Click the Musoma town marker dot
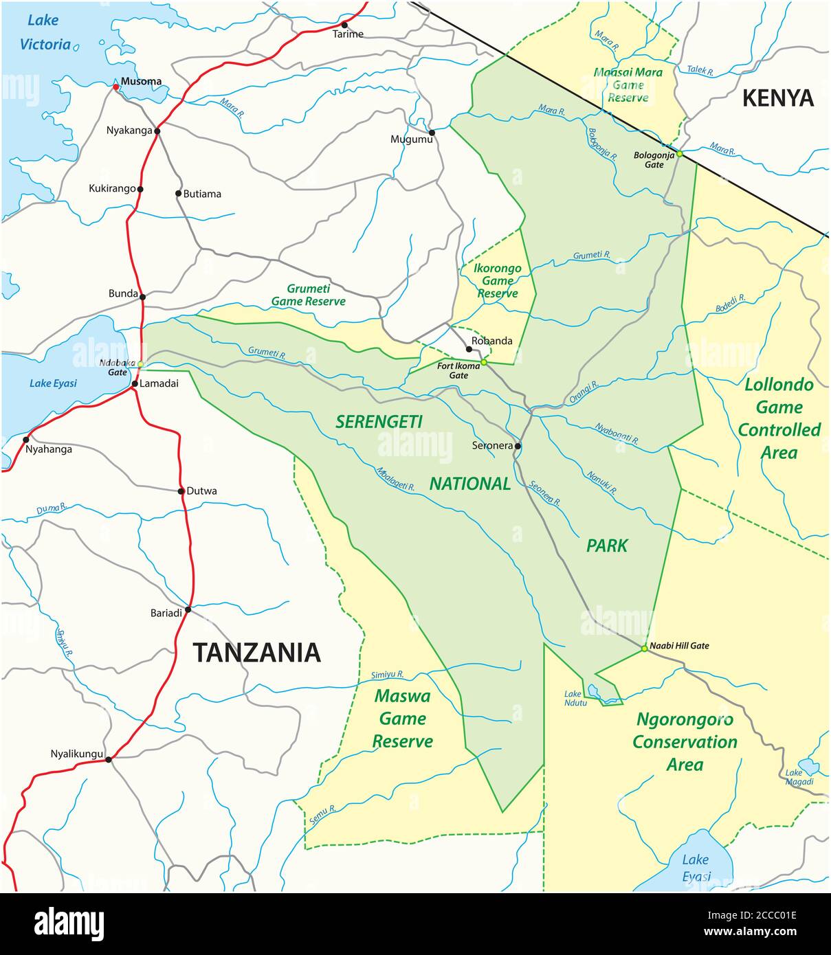tap(115, 87)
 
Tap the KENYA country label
tap(777, 99)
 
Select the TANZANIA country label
tap(256, 652)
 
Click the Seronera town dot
tap(518, 447)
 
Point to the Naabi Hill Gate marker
tap(644, 649)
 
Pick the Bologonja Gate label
tap(649, 160)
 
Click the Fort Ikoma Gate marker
tap(484, 362)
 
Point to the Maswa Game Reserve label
tap(403, 719)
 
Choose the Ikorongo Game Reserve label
tap(498, 281)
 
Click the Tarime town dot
tap(344, 25)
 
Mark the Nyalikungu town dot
tap(108, 759)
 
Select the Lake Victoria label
tap(45, 32)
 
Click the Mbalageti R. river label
tap(395, 479)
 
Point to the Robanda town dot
tap(469, 349)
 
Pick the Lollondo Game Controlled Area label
tap(779, 418)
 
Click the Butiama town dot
tap(178, 194)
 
